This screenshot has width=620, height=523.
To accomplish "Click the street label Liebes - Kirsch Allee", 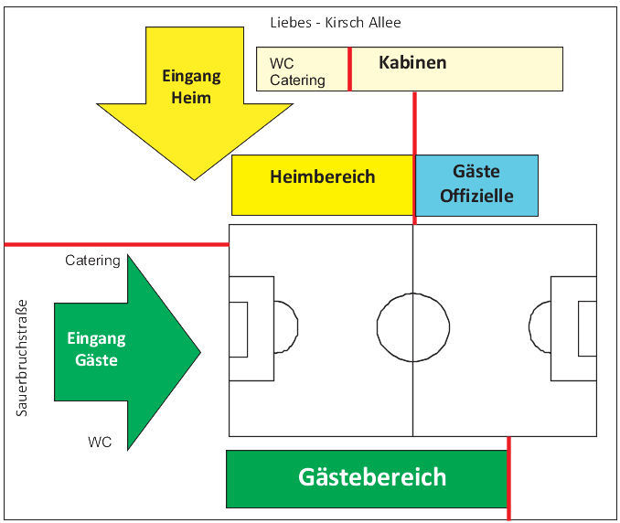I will [336, 23].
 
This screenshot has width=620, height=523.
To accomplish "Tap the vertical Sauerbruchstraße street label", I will [23, 358].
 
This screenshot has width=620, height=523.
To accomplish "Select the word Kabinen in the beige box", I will [412, 63].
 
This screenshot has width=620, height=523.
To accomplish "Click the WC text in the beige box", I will [282, 64].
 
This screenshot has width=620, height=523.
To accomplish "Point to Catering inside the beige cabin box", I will [297, 80].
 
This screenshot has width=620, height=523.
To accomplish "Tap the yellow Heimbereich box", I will [322, 177].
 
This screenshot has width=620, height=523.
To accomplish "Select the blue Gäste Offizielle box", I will [476, 184].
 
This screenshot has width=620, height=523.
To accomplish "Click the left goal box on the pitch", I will [238, 329].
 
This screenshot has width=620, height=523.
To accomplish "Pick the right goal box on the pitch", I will [587, 329].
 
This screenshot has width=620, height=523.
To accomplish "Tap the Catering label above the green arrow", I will [92, 261].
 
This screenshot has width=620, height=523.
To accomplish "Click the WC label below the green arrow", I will [100, 443].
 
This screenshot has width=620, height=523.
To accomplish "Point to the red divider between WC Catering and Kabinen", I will [349, 69].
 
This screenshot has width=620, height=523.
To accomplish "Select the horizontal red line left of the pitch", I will [116, 244].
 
